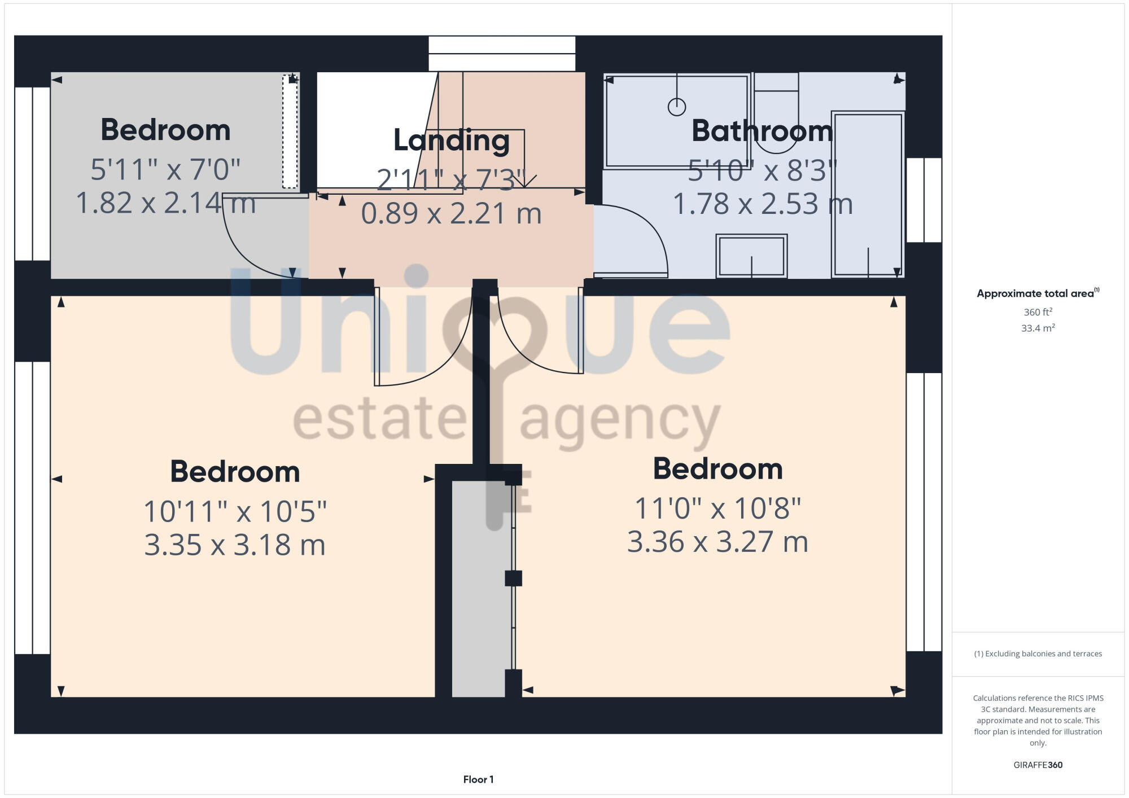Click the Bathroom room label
[762, 131]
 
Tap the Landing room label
[451, 140]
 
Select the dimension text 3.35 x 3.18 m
[235, 545]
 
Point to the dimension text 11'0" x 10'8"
[717, 508]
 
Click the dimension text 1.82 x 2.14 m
[165, 203]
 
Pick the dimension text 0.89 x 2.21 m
[451, 213]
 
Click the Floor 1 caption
[478, 779]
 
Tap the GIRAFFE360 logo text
[1038, 765]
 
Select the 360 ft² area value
[1038, 312]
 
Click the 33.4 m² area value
[1038, 328]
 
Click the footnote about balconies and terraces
[1038, 654]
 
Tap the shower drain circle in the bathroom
[676, 107]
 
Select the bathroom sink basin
[751, 256]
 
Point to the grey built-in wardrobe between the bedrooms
[479, 587]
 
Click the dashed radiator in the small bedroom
[290, 131]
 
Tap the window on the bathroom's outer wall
[924, 200]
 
